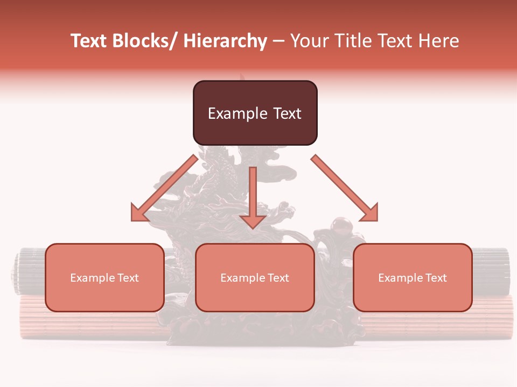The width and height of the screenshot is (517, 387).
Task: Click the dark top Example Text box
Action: click(255, 113)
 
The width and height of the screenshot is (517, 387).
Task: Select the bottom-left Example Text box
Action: click(104, 277)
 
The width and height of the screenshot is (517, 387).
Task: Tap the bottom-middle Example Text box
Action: click(255, 277)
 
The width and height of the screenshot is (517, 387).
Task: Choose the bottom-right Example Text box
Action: click(413, 277)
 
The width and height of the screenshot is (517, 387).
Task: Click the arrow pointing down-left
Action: click(164, 188)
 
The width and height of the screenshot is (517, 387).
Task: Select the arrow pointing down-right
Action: click(345, 188)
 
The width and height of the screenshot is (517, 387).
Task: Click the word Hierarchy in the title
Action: click(225, 41)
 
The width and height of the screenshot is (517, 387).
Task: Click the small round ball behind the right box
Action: click(340, 225)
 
